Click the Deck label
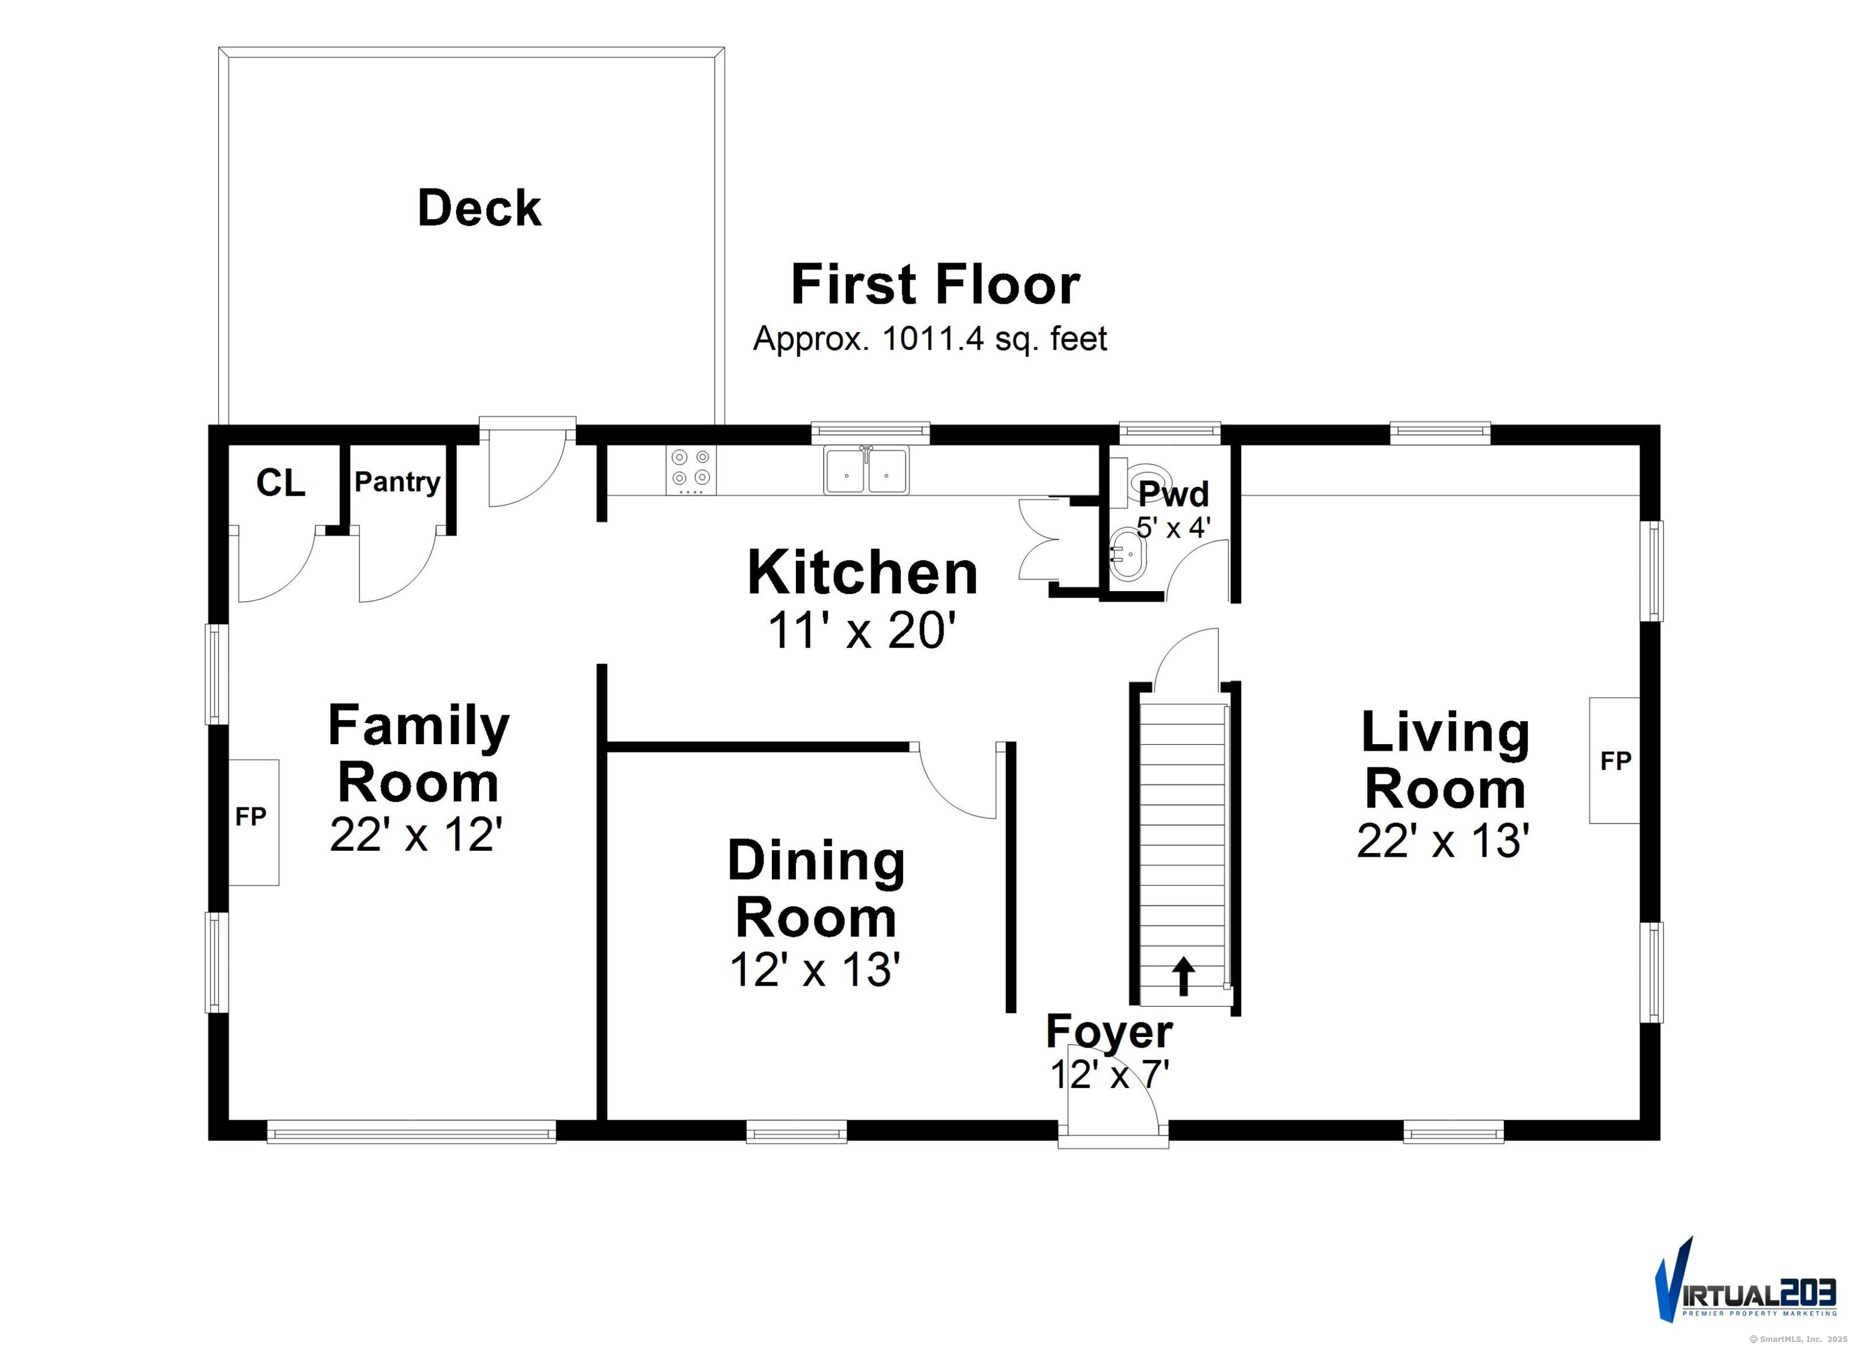click(479, 208)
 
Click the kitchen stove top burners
click(691, 470)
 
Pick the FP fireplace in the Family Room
click(254, 822)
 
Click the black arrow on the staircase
click(1183, 976)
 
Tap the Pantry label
click(398, 483)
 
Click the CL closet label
click(281, 483)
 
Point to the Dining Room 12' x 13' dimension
click(815, 969)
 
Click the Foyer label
click(1109, 1031)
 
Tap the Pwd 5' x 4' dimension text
click(1174, 527)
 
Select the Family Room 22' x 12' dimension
click(415, 834)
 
